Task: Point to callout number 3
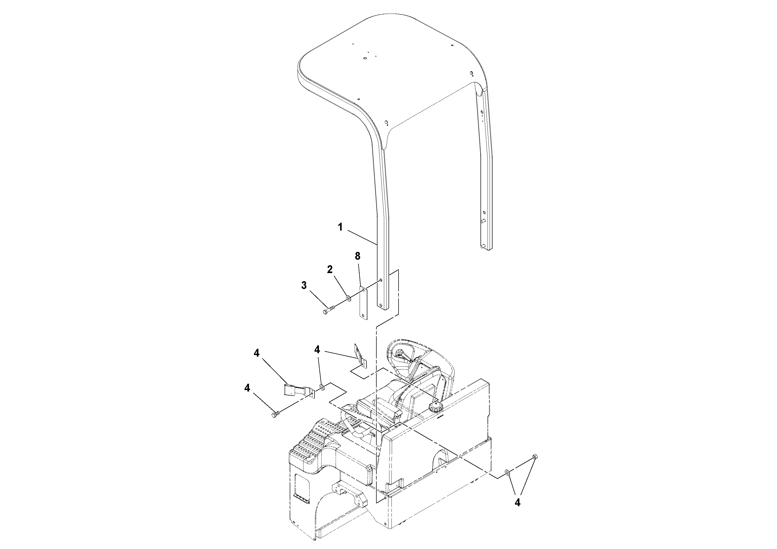coord(304,286)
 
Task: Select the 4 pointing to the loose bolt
coord(247,388)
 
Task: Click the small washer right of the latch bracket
coord(322,387)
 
